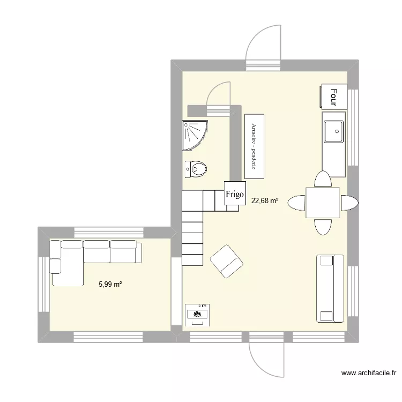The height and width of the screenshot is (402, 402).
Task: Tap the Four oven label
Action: pyautogui.click(x=333, y=98)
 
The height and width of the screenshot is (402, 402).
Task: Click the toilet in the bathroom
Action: pyautogui.click(x=197, y=169)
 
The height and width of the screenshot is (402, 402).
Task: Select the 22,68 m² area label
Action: pyautogui.click(x=265, y=201)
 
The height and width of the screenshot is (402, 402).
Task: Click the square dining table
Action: pyautogui.click(x=323, y=203)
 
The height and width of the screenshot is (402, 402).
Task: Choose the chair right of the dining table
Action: pyautogui.click(x=348, y=203)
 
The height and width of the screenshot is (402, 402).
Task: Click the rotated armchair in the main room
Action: pyautogui.click(x=227, y=261)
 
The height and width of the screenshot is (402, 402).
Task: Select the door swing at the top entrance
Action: pyautogui.click(x=262, y=46)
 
